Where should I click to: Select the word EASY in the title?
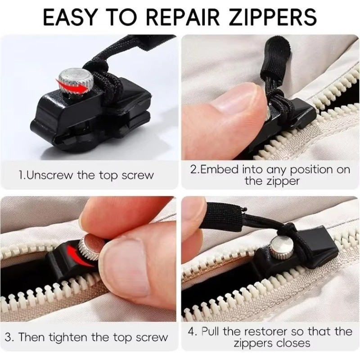[x=69, y=17]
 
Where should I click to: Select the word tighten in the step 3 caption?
[x=68, y=337]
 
